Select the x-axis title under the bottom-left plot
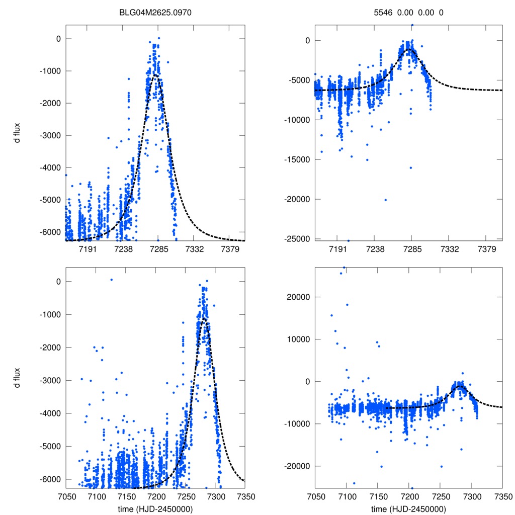[155, 509]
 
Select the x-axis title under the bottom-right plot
[409, 509]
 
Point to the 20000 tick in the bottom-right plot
[300, 297]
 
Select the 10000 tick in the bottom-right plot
[300, 339]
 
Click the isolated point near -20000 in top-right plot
[386, 200]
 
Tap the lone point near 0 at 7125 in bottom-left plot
[112, 280]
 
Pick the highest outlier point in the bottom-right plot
[344, 268]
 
